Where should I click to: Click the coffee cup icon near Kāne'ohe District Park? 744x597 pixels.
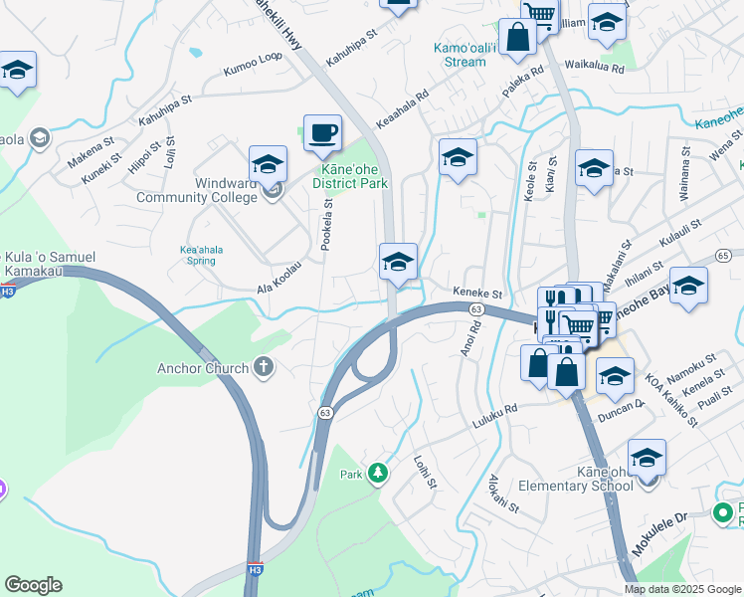coord(321,132)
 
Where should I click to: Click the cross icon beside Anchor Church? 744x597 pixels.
coord(264,368)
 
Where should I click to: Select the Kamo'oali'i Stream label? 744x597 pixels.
coord(460,55)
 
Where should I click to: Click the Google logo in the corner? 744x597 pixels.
coord(33,585)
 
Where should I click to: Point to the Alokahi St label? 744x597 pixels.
coord(503,494)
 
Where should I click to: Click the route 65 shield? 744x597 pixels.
coord(723,256)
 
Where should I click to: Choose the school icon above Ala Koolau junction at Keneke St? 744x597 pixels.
coord(398,263)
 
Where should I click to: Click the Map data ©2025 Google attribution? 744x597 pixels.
coord(681,589)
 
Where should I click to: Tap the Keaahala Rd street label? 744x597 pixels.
coord(402,110)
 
